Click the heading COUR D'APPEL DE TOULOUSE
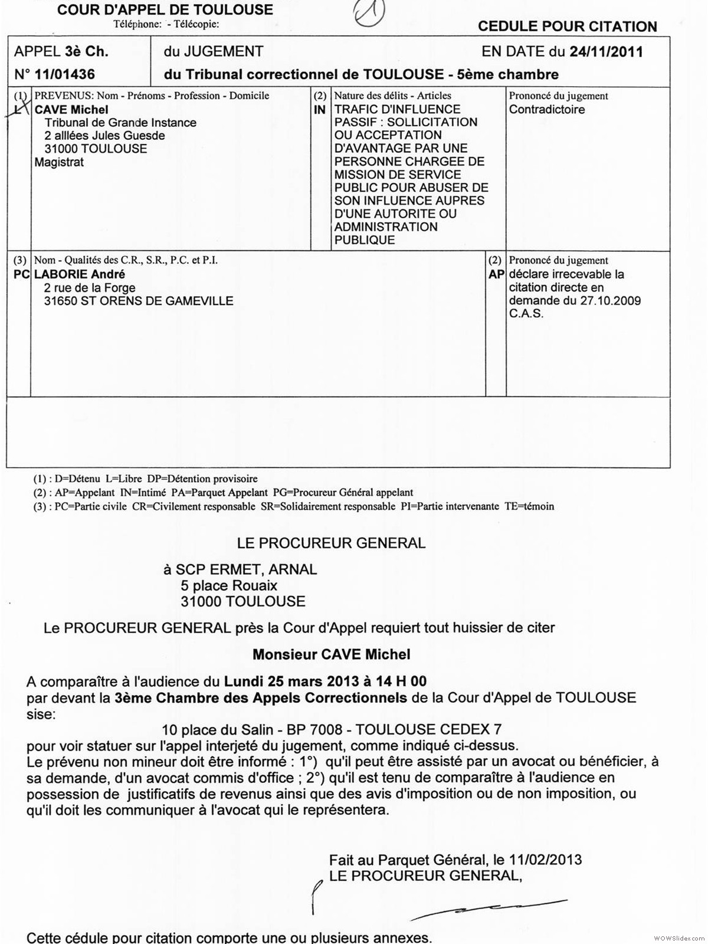pos(165,10)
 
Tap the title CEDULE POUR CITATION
pos(567,27)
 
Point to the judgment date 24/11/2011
pos(606,51)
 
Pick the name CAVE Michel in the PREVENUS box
pos(71,110)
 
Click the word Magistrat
pos(59,162)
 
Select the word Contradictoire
pos(547,110)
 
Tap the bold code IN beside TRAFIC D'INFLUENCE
pos(320,110)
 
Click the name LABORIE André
pos(80,274)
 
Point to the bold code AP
pos(496,274)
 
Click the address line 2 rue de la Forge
pos(90,288)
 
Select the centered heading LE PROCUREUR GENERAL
pos(331,543)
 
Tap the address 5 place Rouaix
pos(229,586)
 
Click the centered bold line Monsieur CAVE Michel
pos(331,654)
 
